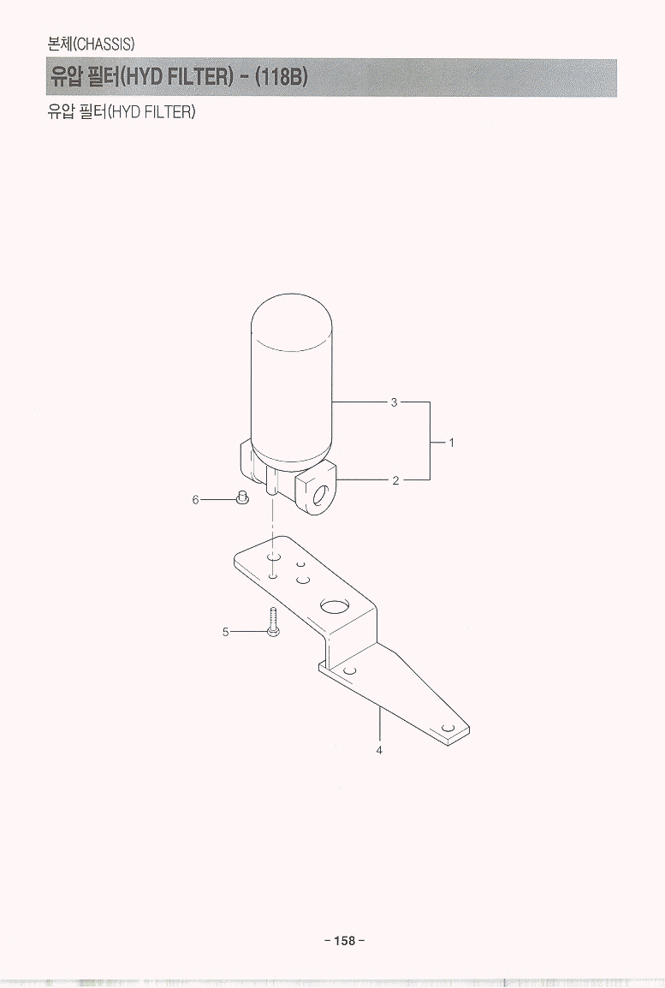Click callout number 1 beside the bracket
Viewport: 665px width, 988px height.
(451, 443)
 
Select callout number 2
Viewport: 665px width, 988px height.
(395, 481)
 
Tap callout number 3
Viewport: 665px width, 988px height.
(395, 402)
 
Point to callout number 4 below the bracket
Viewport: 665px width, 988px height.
(379, 750)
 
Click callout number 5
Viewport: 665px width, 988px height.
(225, 631)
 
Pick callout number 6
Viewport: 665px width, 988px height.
(195, 500)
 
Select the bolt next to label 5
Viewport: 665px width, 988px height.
(273, 622)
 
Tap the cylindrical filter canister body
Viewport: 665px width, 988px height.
(292, 378)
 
